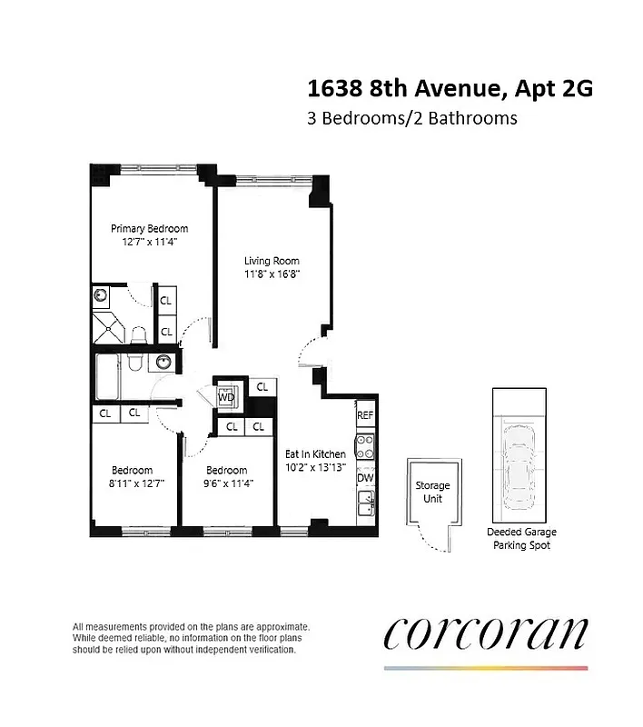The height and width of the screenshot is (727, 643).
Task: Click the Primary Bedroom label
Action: tap(149, 228)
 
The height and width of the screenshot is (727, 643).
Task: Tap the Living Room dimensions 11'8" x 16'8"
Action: tap(272, 274)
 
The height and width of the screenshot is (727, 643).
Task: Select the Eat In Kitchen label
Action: tap(315, 453)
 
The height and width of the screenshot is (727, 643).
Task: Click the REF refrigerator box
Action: tap(365, 415)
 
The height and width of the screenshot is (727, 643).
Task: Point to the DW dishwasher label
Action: tap(365, 478)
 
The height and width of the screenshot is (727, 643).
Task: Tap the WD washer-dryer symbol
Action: tap(226, 397)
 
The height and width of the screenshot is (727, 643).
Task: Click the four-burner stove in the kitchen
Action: tap(365, 446)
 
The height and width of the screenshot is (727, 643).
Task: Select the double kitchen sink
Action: tap(365, 504)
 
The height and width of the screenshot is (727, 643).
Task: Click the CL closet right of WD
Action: tap(262, 387)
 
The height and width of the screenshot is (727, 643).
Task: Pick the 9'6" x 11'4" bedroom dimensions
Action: tap(227, 483)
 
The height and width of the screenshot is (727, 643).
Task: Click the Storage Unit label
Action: tap(432, 492)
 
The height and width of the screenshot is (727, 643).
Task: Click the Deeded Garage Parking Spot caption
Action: tap(521, 538)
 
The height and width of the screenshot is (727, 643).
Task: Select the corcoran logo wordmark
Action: tap(486, 633)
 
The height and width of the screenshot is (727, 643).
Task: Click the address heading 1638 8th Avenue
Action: tap(450, 89)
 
